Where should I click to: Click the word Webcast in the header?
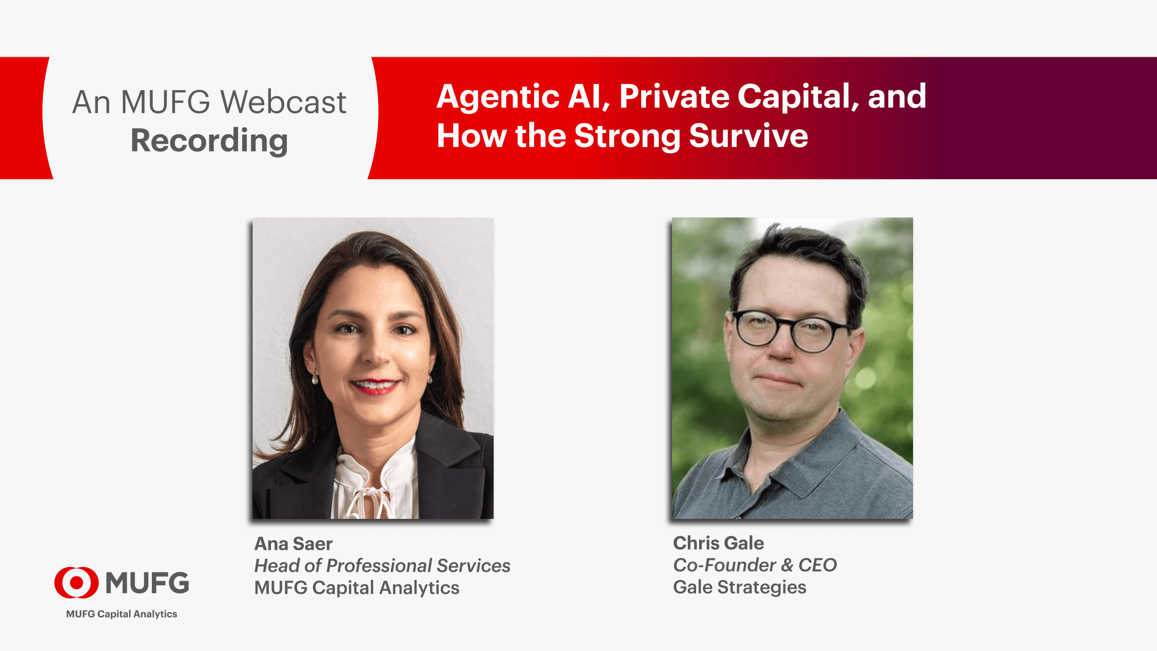tap(283, 102)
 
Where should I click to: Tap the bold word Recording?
tap(209, 141)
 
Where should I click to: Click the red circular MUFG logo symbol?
tap(76, 583)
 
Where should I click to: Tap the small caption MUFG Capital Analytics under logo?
tap(121, 614)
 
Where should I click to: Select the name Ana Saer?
tap(293, 544)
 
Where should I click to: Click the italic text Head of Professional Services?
tap(382, 566)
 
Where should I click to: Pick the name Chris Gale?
tap(718, 543)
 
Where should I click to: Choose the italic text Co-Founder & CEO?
tap(755, 565)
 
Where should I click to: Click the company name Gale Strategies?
tap(740, 587)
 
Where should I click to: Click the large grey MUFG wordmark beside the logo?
tap(147, 583)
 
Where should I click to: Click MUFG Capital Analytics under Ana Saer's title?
tap(357, 588)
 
